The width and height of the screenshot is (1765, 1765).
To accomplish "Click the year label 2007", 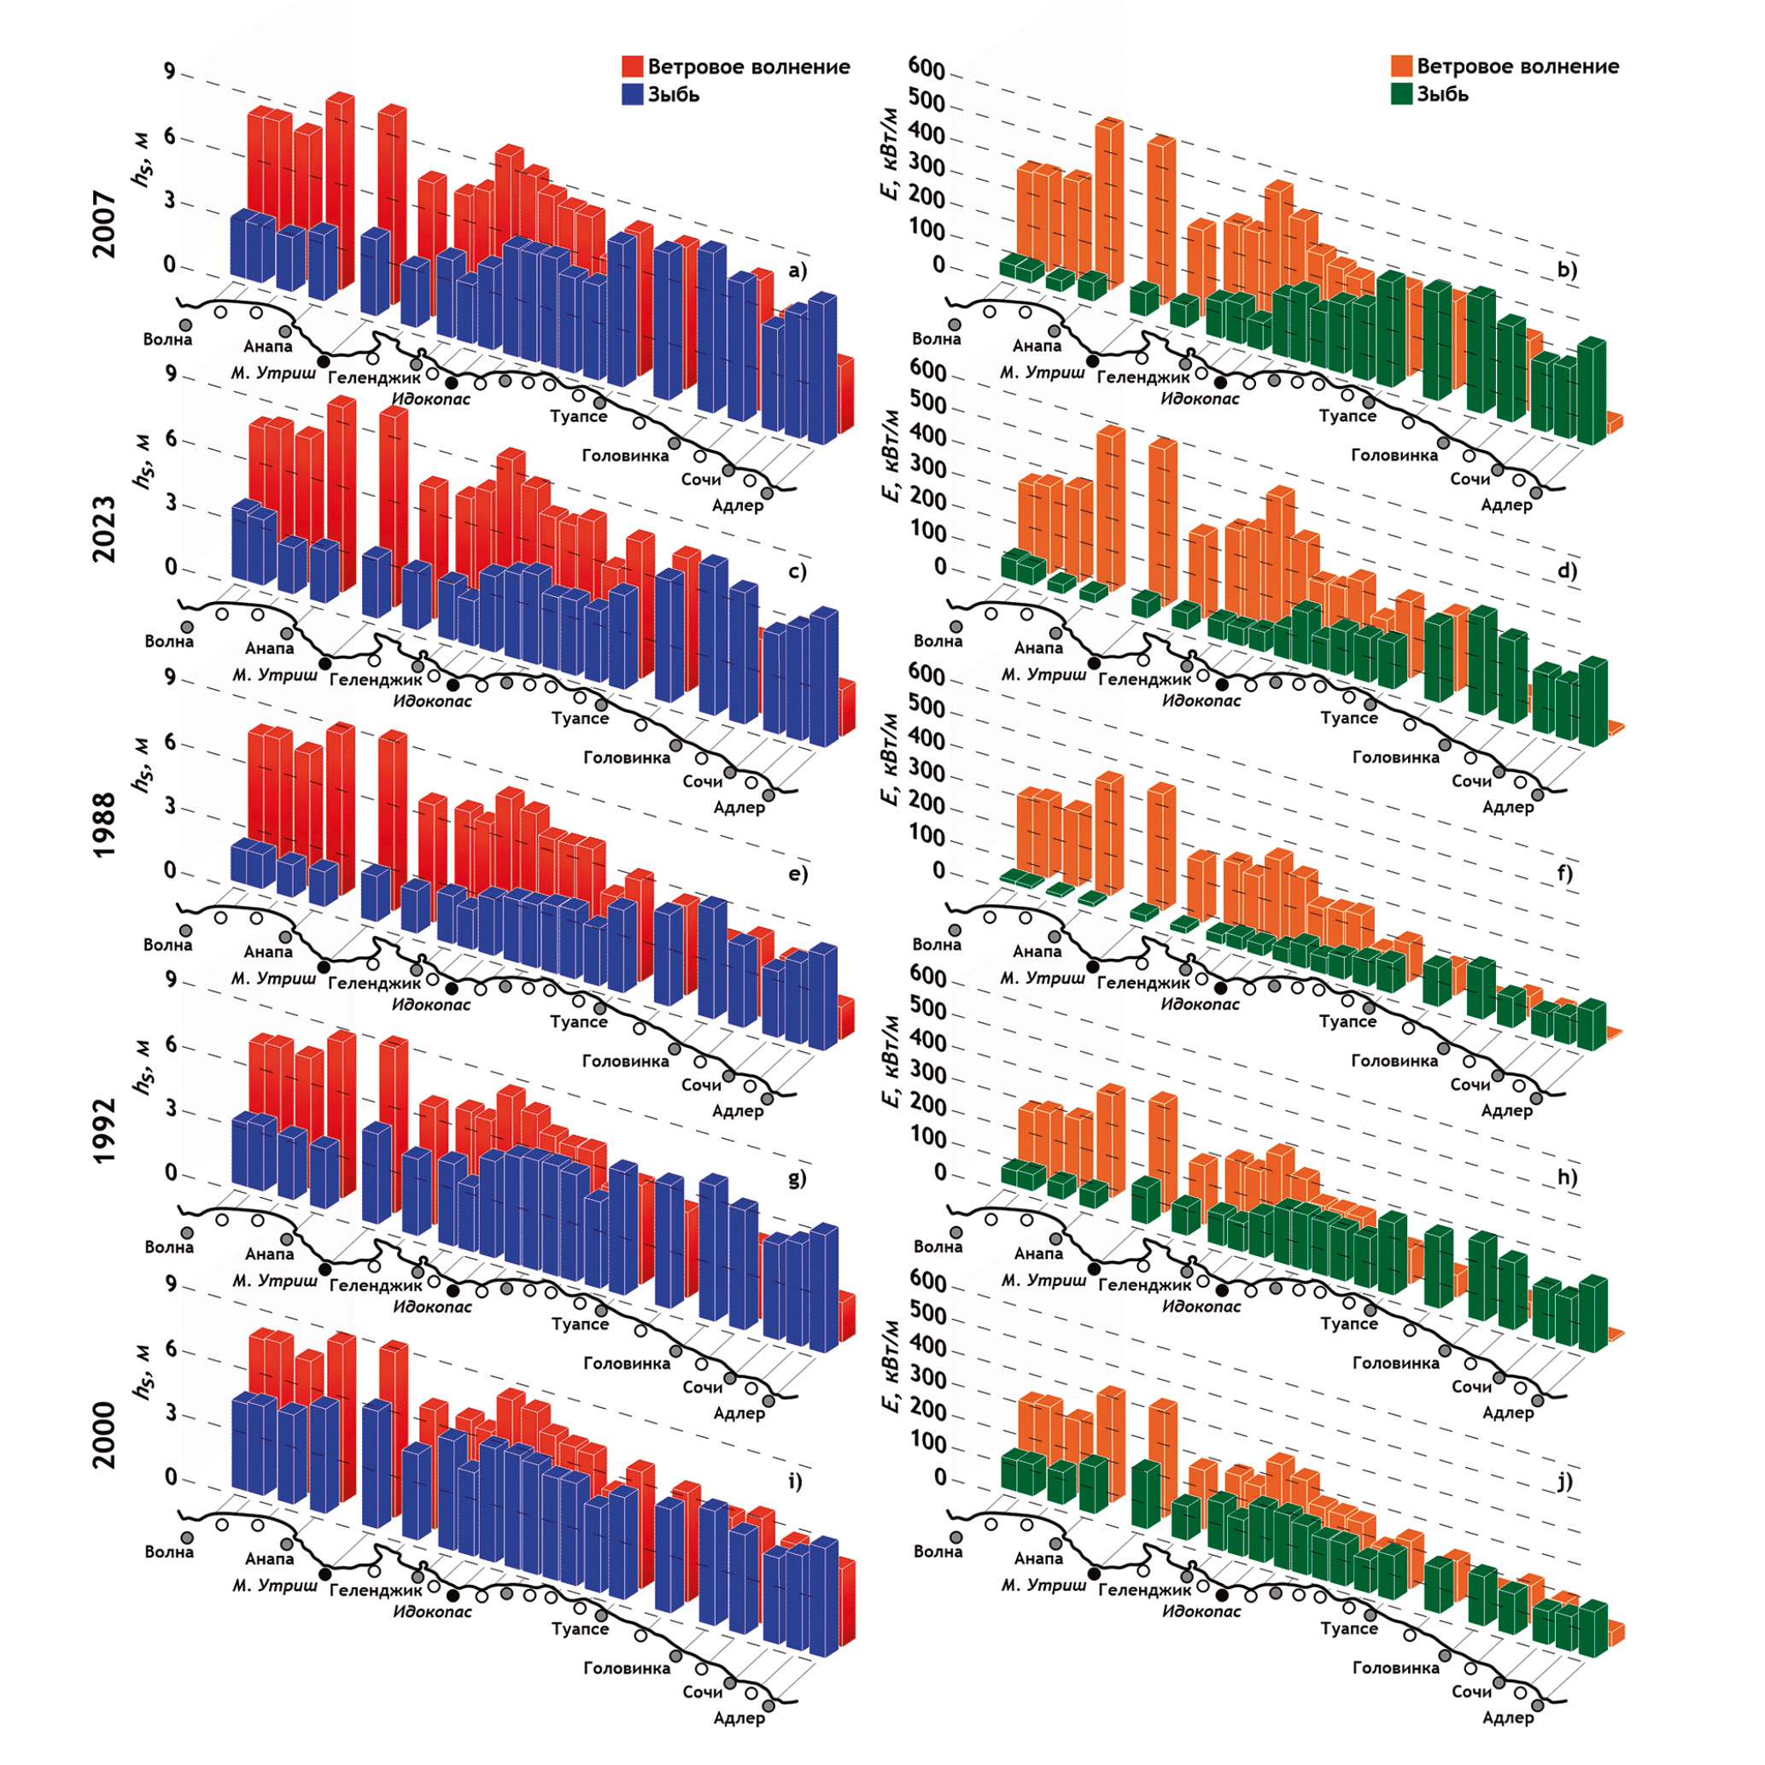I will point(105,224).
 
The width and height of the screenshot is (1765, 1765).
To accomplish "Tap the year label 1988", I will point(105,825).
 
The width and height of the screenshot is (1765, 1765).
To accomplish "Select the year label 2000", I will point(105,1435).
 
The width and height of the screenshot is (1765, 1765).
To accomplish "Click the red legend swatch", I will point(632,67).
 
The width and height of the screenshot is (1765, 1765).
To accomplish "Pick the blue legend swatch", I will point(632,94).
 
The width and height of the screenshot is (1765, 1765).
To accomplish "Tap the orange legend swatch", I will point(1401,67).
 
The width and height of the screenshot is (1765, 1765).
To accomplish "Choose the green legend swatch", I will point(1401,94).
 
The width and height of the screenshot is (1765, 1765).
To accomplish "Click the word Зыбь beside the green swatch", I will point(1442,94).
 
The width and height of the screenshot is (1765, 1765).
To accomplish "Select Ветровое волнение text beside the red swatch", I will point(748,67).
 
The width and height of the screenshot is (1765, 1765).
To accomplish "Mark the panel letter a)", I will point(798,271).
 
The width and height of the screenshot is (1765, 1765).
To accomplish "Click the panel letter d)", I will point(1567,571).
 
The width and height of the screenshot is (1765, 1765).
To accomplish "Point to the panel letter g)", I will point(798,1178).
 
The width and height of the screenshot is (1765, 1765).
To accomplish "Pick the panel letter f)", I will point(1566,874).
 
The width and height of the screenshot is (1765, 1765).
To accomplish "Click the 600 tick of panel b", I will point(926,67).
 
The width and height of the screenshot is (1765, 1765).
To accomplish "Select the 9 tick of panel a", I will point(170,71).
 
